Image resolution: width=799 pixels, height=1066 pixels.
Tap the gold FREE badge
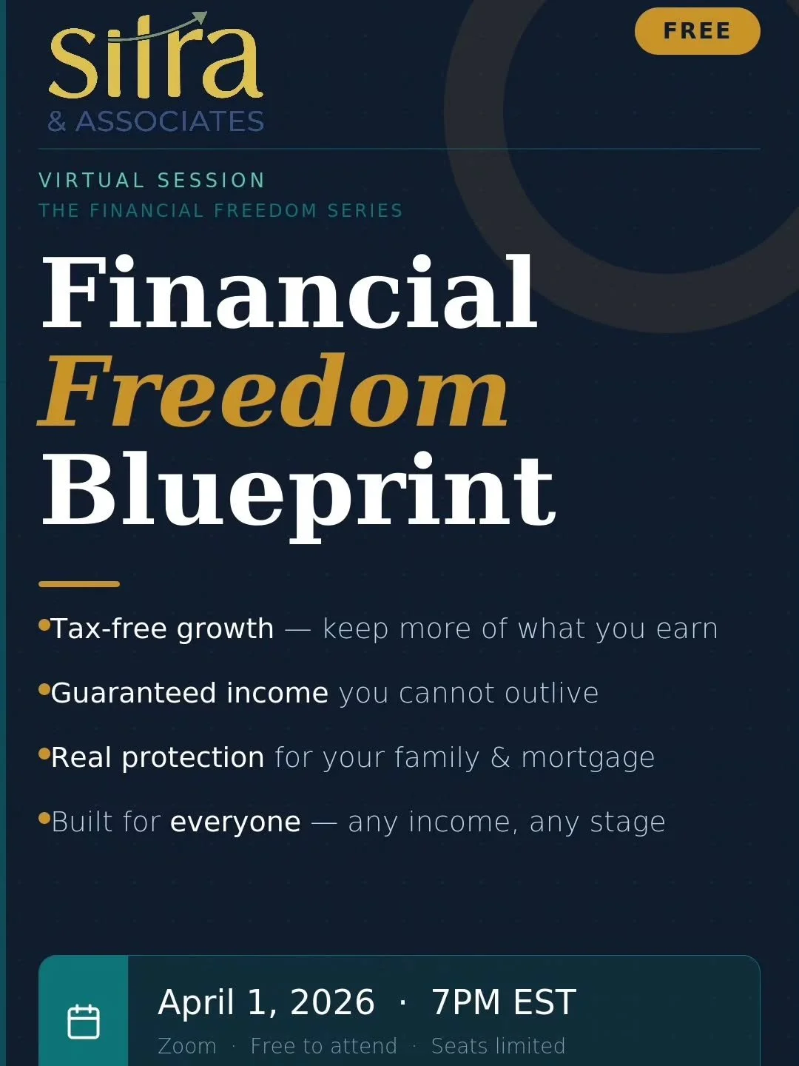[697, 31]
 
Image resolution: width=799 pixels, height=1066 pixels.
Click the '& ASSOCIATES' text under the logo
[155, 121]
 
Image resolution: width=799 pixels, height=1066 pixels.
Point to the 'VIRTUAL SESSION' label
[152, 181]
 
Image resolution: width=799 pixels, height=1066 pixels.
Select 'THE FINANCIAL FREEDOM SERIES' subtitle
[220, 211]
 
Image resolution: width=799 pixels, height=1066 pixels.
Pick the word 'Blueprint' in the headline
[298, 490]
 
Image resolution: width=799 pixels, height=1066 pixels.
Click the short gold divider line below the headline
[79, 584]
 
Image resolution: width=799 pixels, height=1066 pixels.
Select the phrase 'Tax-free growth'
[162, 628]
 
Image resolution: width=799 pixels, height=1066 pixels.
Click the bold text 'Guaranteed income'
[189, 693]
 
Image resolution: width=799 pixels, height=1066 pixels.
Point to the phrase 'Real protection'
[158, 757]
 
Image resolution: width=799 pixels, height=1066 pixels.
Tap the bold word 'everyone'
[235, 822]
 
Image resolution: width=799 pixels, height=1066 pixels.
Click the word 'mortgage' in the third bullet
[588, 757]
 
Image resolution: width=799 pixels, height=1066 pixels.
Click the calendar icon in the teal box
[84, 1022]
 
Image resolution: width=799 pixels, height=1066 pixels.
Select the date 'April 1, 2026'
[266, 1002]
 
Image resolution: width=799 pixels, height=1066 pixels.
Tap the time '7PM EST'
[503, 1002]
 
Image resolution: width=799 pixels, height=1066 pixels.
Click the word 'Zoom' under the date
[187, 1046]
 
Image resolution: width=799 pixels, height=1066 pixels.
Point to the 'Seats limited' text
[498, 1046]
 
